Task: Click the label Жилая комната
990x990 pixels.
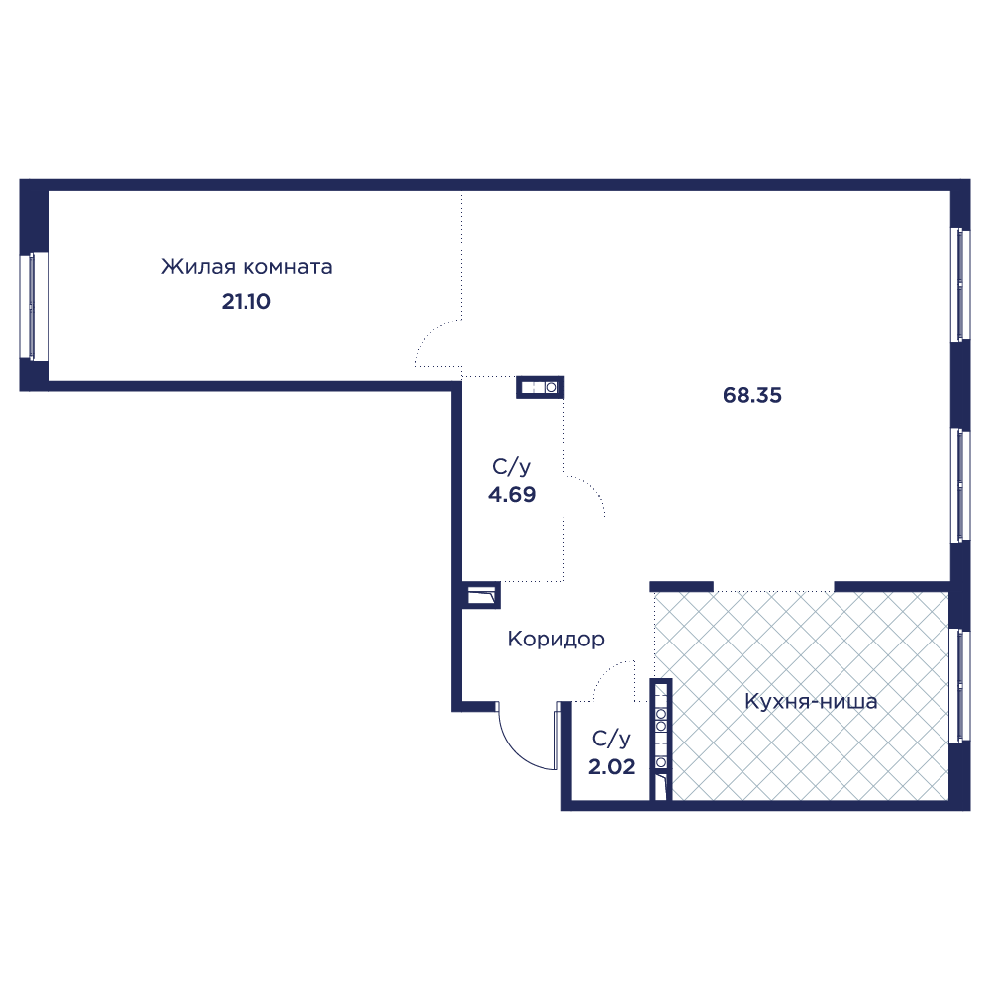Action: [247, 267]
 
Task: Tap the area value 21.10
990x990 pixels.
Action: [247, 302]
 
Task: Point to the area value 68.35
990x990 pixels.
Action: [752, 395]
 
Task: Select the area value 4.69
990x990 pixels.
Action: [512, 494]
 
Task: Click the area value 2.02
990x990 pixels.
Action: [611, 766]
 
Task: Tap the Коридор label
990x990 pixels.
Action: [556, 639]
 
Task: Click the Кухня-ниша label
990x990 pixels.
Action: [812, 701]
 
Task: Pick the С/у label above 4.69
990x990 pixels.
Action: [512, 467]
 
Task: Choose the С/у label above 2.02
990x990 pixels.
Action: [611, 739]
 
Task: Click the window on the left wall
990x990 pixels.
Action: [34, 308]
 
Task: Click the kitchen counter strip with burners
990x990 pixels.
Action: [661, 740]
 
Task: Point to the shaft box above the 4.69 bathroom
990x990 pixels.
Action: [540, 387]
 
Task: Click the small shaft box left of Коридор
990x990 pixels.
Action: [482, 595]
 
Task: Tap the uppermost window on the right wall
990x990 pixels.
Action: [960, 285]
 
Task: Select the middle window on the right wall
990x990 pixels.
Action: [960, 485]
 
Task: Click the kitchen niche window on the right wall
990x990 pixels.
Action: [959, 684]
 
